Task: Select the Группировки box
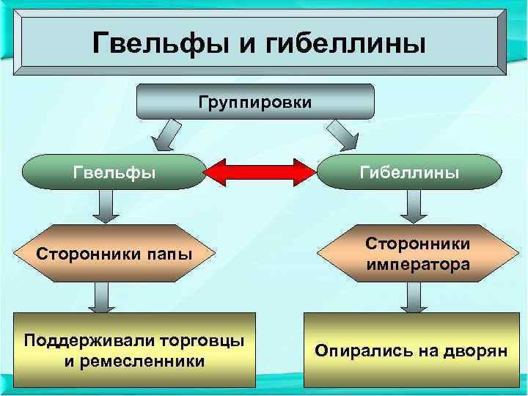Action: click(255, 101)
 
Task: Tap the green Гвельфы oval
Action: click(114, 172)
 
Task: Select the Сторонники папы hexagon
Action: click(114, 254)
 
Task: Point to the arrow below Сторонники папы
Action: click(101, 299)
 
